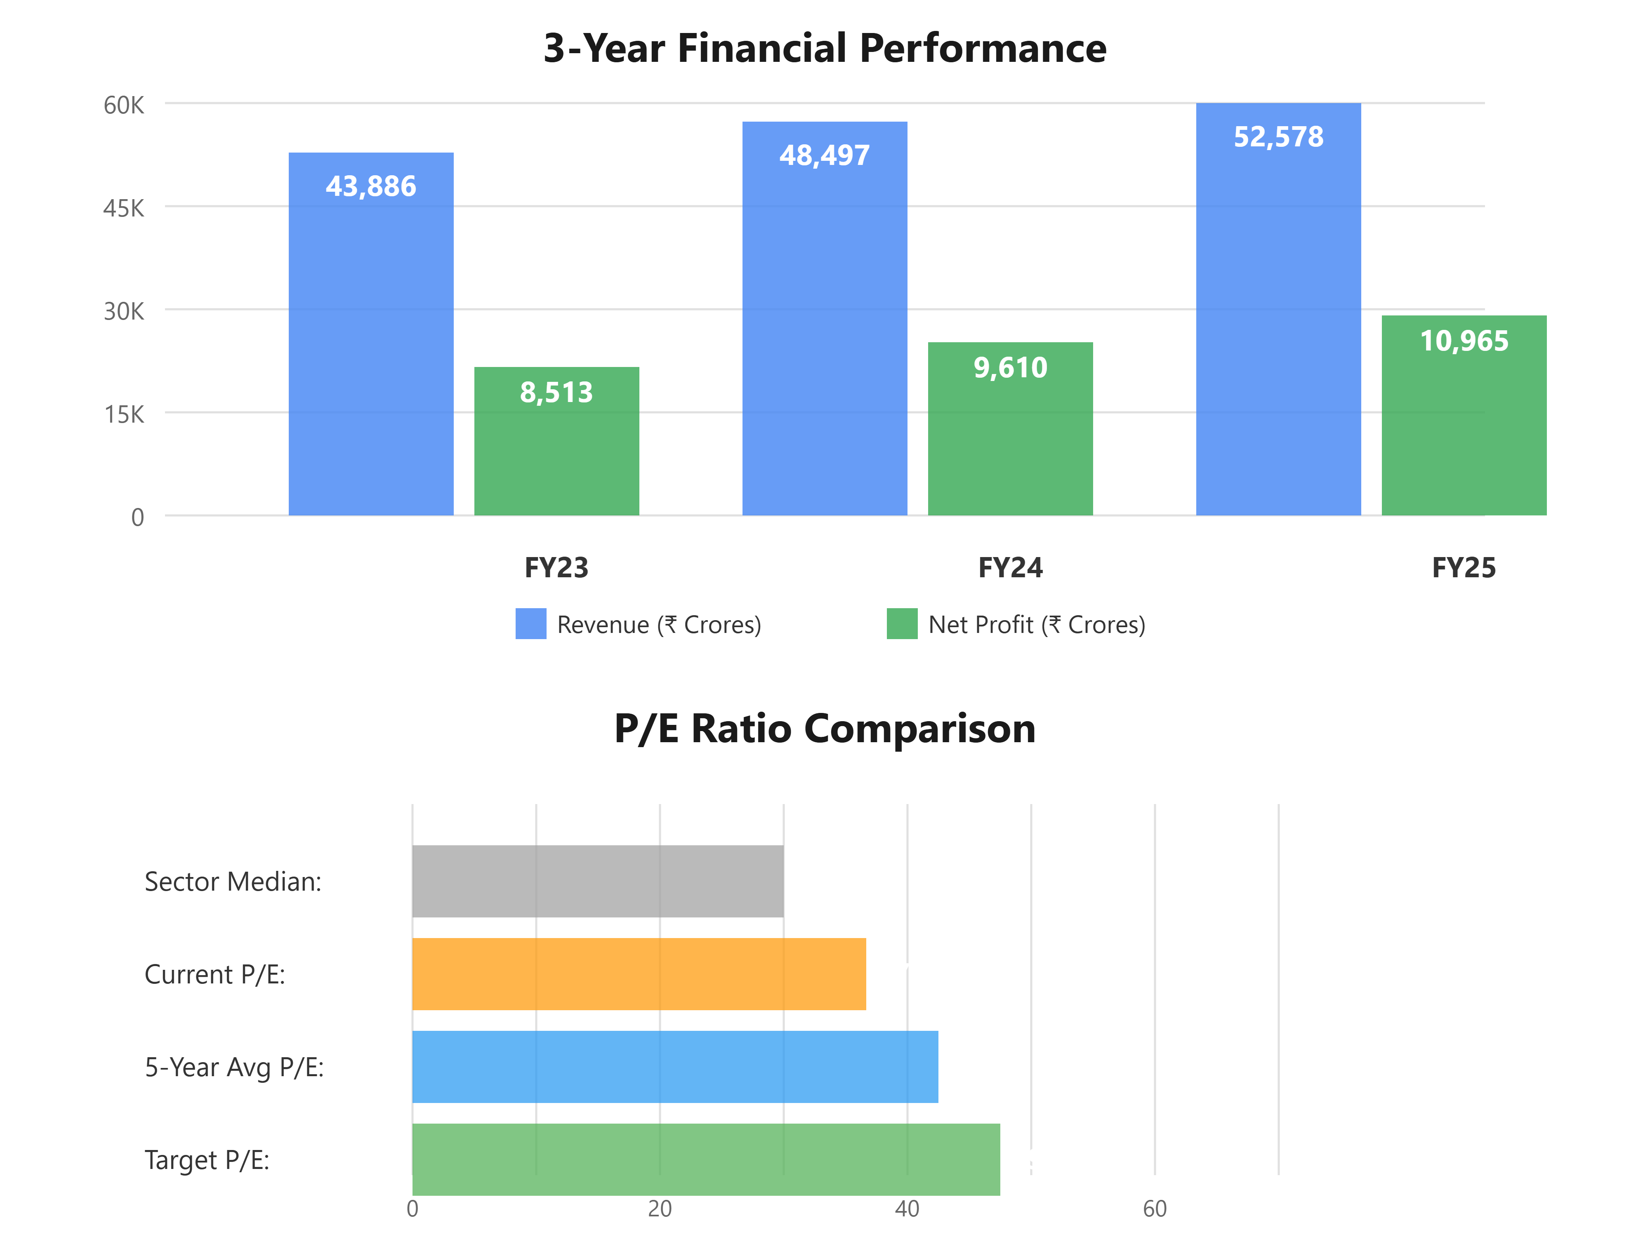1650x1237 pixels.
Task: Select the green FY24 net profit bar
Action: pyautogui.click(x=1010, y=440)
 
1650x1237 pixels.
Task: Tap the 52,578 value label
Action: pyautogui.click(x=1278, y=137)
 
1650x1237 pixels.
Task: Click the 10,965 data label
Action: pyautogui.click(x=1464, y=341)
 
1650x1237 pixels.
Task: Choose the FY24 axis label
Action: pyautogui.click(x=1010, y=568)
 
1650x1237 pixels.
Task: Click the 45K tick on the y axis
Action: pyautogui.click(x=124, y=208)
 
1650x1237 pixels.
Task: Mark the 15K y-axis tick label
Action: pyautogui.click(x=124, y=414)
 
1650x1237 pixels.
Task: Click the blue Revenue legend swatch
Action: pyautogui.click(x=530, y=624)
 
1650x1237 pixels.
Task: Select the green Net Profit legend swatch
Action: pyautogui.click(x=902, y=624)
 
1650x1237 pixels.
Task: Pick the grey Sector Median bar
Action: pyautogui.click(x=597, y=881)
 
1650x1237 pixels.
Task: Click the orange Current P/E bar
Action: pyautogui.click(x=639, y=974)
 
